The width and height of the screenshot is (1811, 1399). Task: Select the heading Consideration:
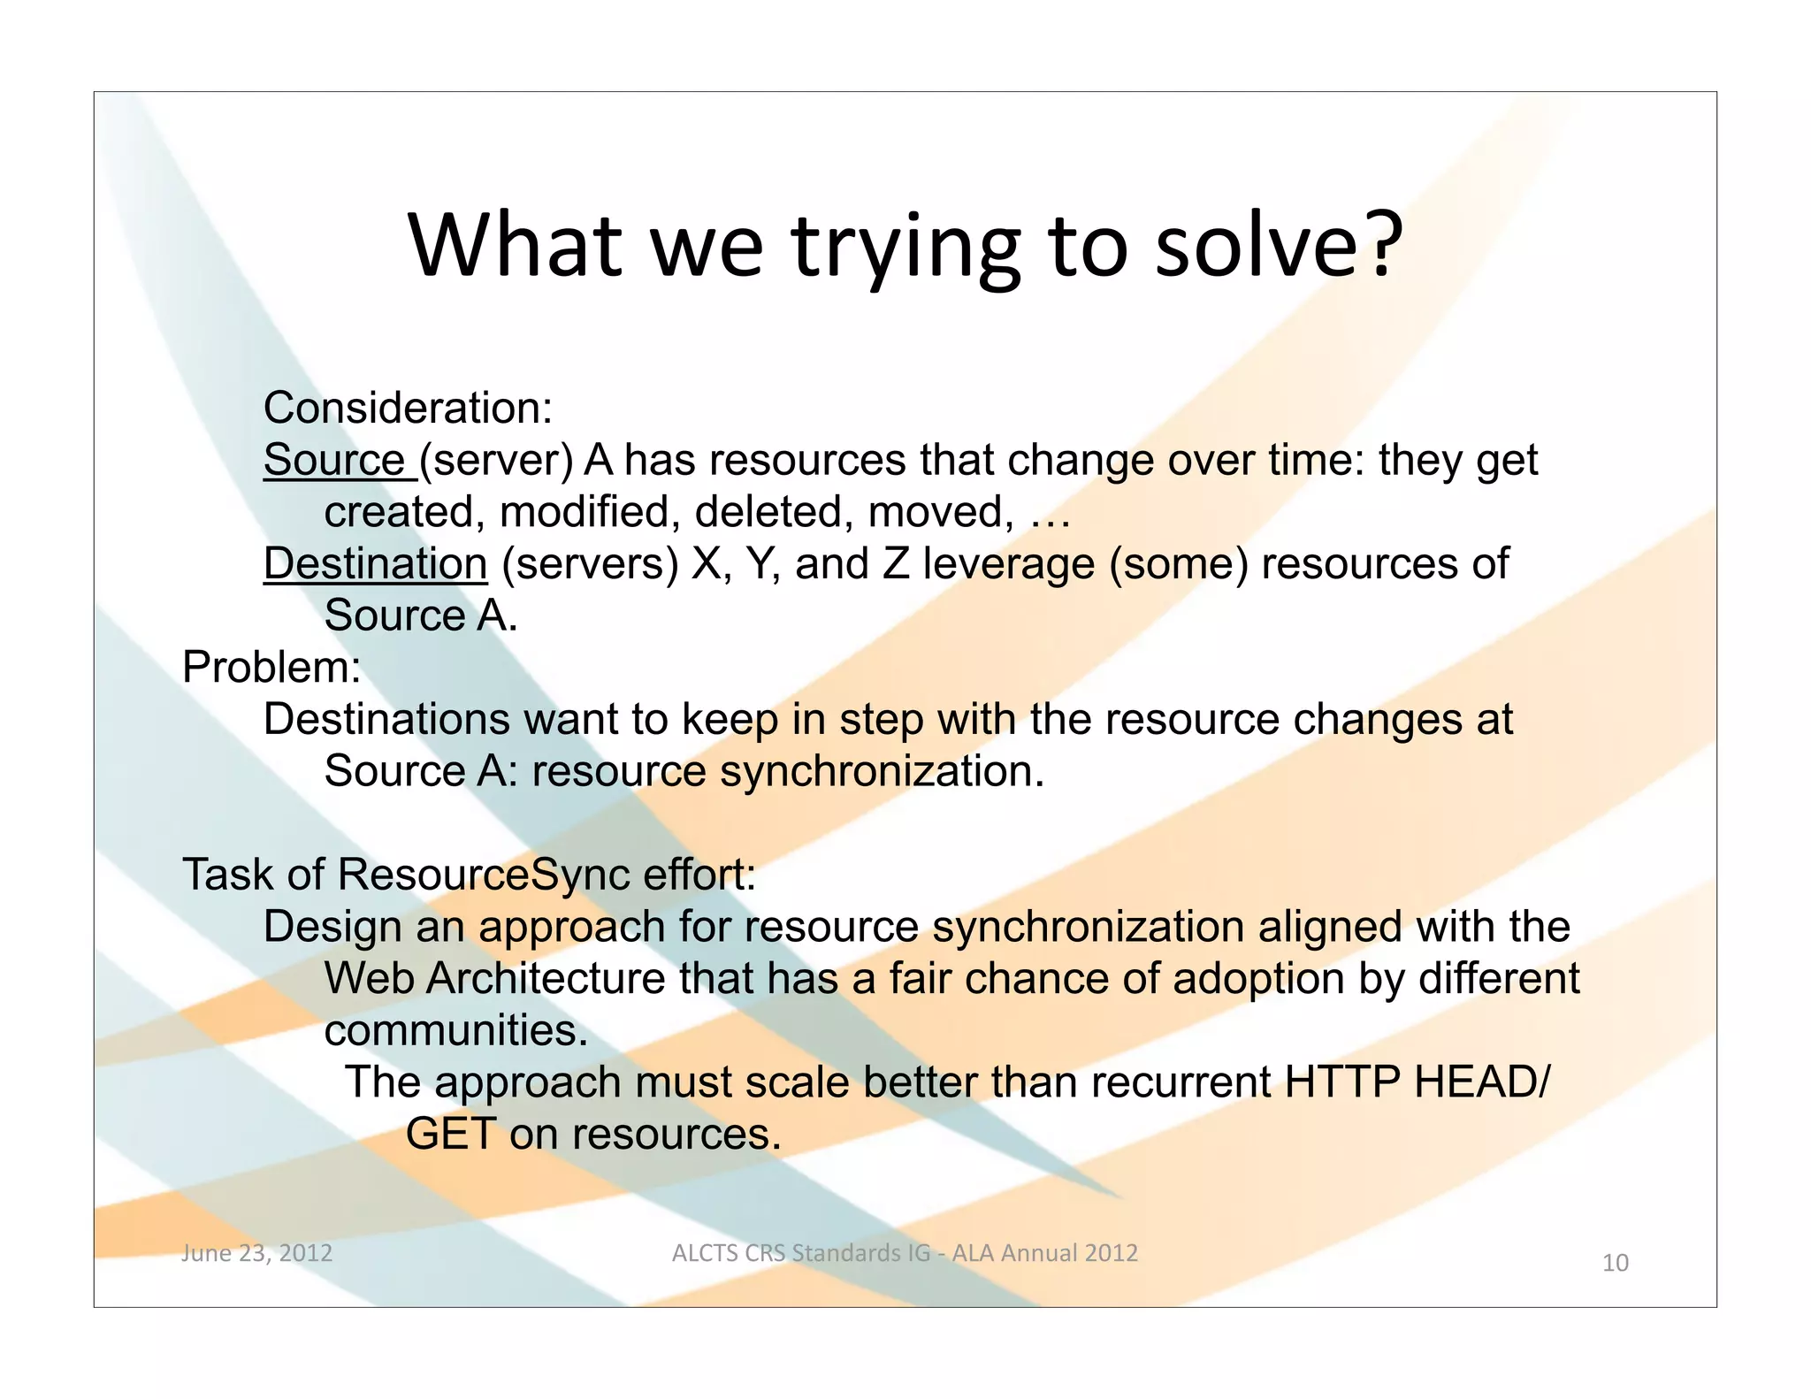coord(408,408)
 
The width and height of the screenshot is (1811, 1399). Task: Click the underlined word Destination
coord(375,563)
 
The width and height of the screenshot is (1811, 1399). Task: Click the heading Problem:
coord(271,667)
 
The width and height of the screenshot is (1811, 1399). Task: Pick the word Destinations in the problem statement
coord(386,719)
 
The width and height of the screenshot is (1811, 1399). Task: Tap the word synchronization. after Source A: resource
coord(882,771)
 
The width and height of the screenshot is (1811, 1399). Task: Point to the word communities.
coord(455,1030)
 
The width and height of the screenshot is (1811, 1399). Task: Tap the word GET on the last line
coord(450,1134)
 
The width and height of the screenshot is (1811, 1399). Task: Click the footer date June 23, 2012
coord(256,1252)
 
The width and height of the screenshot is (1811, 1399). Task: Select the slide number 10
coord(1615,1263)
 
